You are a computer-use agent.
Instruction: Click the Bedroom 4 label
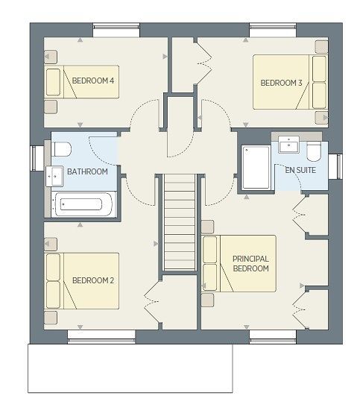(x=93, y=81)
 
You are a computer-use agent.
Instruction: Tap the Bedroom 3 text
(x=281, y=83)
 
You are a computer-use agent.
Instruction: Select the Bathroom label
(x=87, y=171)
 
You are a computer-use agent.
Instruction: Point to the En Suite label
(x=300, y=170)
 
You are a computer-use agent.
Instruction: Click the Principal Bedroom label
(x=250, y=263)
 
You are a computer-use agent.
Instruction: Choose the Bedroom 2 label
(x=93, y=280)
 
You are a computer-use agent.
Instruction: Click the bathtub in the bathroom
(x=83, y=204)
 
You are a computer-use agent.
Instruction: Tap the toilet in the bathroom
(x=63, y=149)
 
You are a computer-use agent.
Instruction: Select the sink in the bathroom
(x=54, y=176)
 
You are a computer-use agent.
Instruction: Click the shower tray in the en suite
(x=256, y=167)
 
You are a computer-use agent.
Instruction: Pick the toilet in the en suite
(x=314, y=151)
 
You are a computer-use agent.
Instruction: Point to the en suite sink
(x=288, y=145)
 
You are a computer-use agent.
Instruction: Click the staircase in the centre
(x=180, y=222)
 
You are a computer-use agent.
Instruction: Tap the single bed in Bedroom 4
(x=82, y=82)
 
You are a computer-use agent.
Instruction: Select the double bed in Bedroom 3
(x=290, y=82)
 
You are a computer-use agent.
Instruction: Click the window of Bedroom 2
(x=101, y=336)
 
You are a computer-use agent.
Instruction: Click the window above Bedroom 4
(x=116, y=30)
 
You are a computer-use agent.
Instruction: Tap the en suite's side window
(x=335, y=166)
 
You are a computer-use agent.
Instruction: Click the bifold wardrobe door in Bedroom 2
(x=152, y=302)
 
